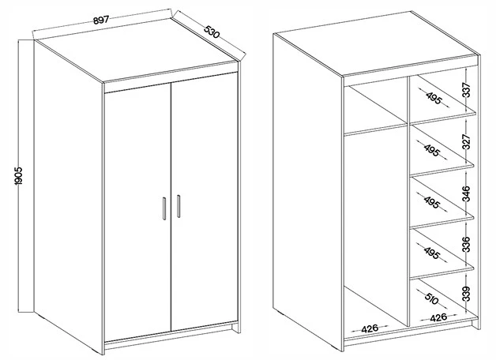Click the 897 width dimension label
[x=101, y=20]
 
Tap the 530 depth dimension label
[x=212, y=32]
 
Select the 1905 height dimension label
[x=18, y=176]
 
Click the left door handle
[x=164, y=208]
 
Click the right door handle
[x=178, y=206]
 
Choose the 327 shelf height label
[x=466, y=141]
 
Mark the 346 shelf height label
[x=466, y=193]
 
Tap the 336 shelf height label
[x=466, y=244]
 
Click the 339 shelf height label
[x=466, y=294]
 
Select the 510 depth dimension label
[x=432, y=298]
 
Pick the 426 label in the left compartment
[x=370, y=328]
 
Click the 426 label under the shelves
[x=438, y=317]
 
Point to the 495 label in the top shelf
[x=434, y=98]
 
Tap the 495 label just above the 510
[x=432, y=253]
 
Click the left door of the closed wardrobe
[x=137, y=212]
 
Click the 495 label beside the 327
[x=432, y=150]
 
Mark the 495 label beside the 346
[x=432, y=202]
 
